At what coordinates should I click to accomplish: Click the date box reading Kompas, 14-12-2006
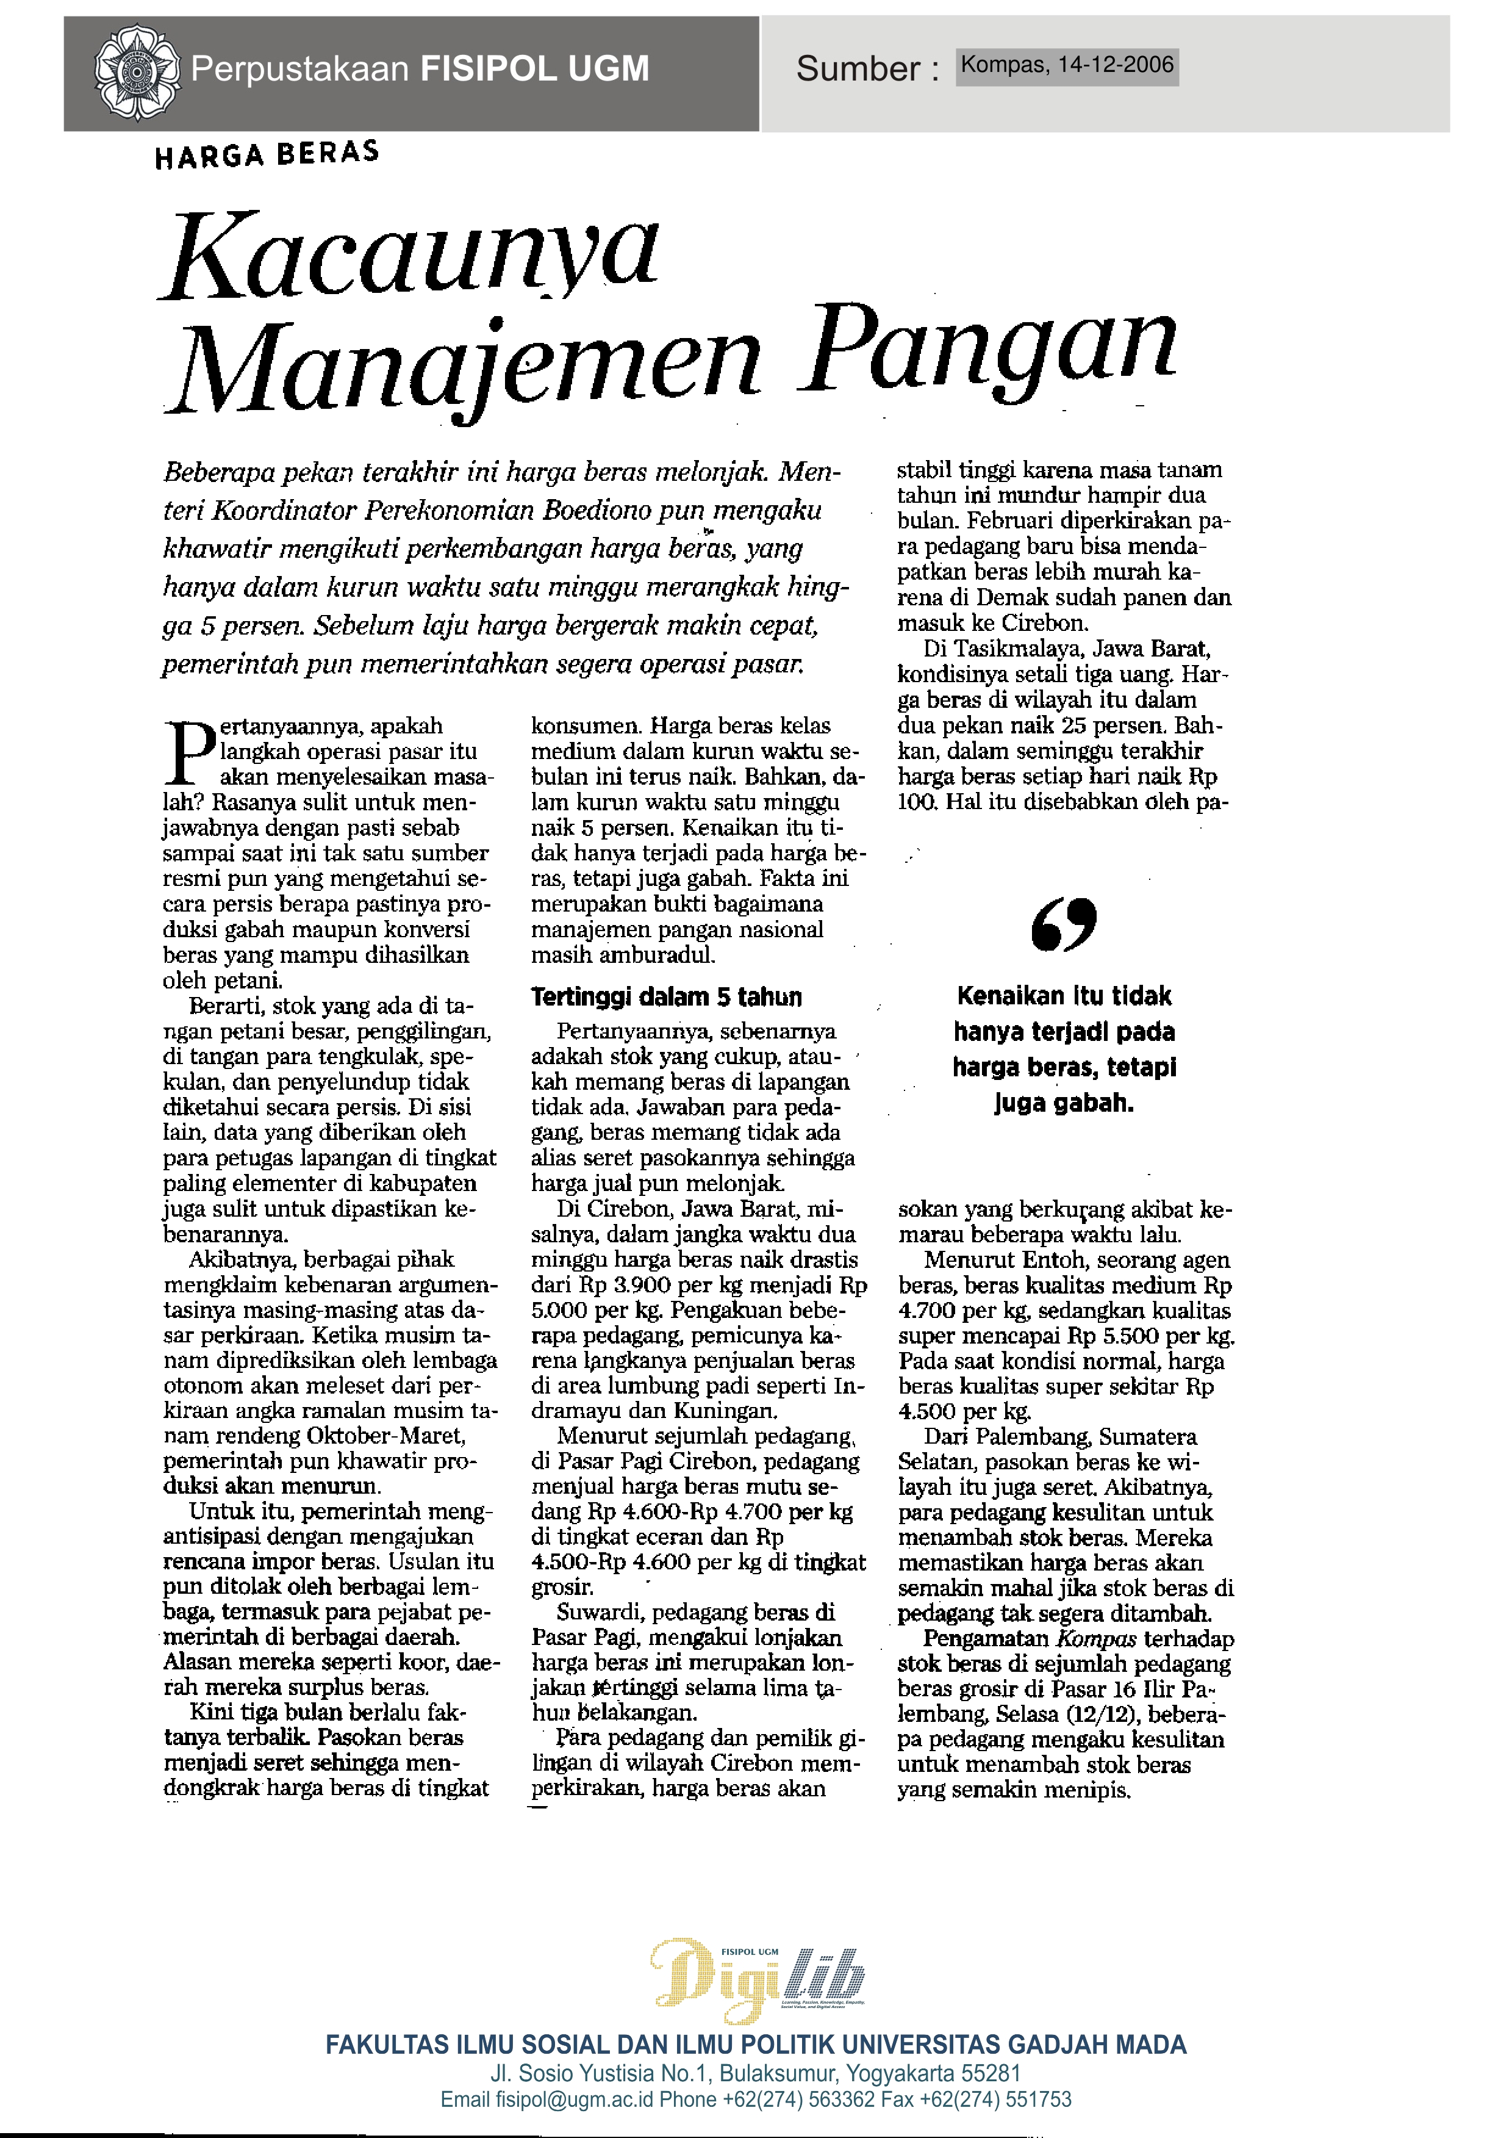pyautogui.click(x=1067, y=66)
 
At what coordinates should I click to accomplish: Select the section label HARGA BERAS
pyautogui.click(x=267, y=154)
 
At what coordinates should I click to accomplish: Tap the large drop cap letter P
pyautogui.click(x=190, y=752)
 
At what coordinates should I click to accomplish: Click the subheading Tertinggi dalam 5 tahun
pyautogui.click(x=665, y=997)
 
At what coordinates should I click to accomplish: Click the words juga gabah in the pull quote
pyautogui.click(x=1063, y=1103)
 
